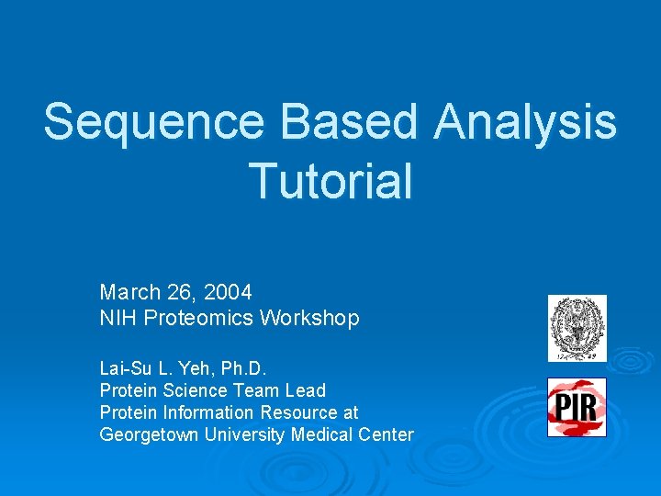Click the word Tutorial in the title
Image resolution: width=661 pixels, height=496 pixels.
click(330, 180)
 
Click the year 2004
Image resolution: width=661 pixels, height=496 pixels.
click(228, 292)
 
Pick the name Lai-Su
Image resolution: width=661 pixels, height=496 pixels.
click(124, 368)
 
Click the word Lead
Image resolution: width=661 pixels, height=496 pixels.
click(305, 390)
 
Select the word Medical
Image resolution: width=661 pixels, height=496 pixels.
click(321, 434)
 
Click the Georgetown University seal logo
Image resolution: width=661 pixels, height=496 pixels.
click(577, 328)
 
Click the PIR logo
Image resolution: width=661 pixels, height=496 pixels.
click(577, 407)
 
